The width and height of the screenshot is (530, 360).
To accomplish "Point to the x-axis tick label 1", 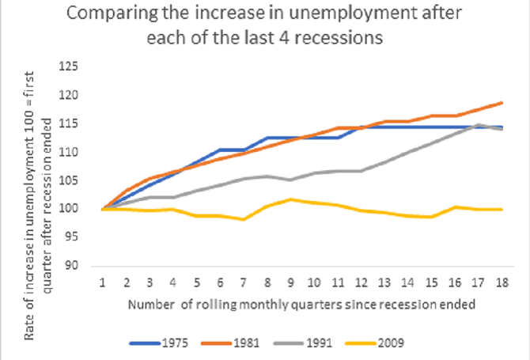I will [103, 282].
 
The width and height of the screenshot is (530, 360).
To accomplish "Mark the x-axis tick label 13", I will [382, 282].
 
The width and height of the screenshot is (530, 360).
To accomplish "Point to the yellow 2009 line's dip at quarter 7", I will [243, 219].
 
